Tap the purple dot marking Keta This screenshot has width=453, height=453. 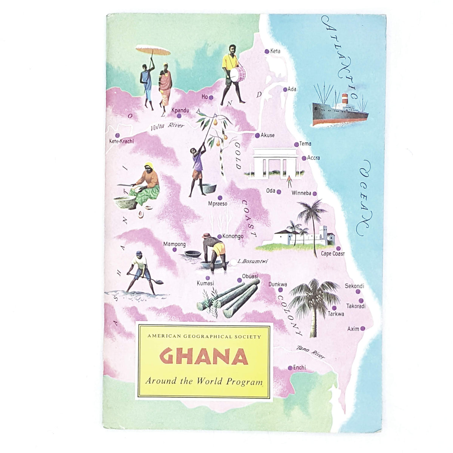[267, 51]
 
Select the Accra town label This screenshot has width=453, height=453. [314, 158]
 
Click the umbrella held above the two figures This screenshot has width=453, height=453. [153, 50]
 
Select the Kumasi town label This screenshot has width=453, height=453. [205, 283]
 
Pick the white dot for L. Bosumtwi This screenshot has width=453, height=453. [234, 261]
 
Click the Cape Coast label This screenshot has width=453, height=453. [333, 254]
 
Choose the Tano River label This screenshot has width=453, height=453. [310, 352]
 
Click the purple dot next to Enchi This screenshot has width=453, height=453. [290, 368]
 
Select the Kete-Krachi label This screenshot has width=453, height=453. [121, 142]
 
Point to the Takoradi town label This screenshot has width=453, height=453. [356, 306]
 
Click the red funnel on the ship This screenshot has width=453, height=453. [344, 99]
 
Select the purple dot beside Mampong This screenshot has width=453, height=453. [174, 250]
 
